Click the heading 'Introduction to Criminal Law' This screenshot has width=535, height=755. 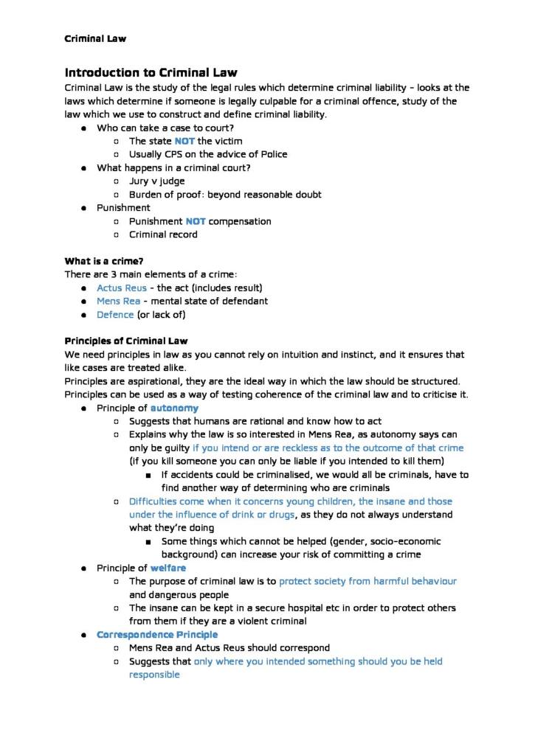pyautogui.click(x=151, y=72)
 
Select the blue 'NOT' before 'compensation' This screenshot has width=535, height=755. pyautogui.click(x=196, y=221)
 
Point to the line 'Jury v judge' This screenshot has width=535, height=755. pyautogui.click(x=156, y=181)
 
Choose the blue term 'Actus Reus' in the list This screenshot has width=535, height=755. pyautogui.click(x=122, y=288)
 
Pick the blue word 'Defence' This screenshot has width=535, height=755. pyautogui.click(x=115, y=315)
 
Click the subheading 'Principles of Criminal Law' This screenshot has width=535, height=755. pyautogui.click(x=126, y=341)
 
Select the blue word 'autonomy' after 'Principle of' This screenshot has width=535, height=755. pyautogui.click(x=174, y=408)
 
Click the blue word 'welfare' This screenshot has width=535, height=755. pyautogui.click(x=168, y=568)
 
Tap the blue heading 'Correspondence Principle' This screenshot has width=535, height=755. pyautogui.click(x=157, y=635)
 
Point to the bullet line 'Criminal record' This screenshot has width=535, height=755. pyautogui.click(x=163, y=234)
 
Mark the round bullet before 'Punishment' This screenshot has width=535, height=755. pyautogui.click(x=85, y=208)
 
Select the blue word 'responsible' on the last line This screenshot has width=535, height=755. pyautogui.click(x=154, y=675)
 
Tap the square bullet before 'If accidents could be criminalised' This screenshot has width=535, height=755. pyautogui.click(x=150, y=475)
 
